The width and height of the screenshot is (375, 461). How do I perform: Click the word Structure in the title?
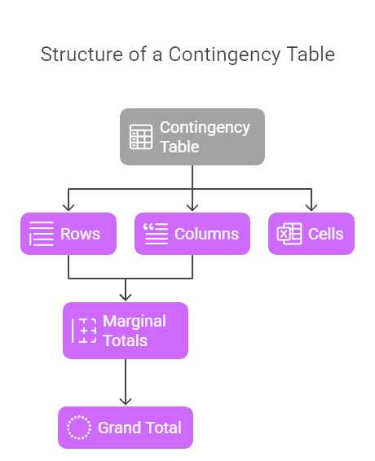click(x=82, y=55)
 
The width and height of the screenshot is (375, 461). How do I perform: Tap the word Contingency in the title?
click(x=224, y=55)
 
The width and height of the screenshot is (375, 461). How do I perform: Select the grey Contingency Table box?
click(x=192, y=137)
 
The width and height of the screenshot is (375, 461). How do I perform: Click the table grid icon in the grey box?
click(x=141, y=137)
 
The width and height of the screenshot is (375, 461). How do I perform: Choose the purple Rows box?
click(x=68, y=234)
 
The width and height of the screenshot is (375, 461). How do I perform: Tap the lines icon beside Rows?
click(x=42, y=234)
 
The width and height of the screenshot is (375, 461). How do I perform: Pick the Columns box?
click(x=192, y=234)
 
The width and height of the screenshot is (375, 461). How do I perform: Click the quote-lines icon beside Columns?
click(x=156, y=234)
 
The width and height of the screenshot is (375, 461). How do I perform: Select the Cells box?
click(x=311, y=234)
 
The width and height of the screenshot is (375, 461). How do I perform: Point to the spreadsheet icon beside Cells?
click(x=289, y=234)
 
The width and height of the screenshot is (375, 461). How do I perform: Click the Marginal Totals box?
click(x=126, y=331)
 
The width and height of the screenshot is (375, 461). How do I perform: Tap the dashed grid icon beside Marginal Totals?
click(x=84, y=331)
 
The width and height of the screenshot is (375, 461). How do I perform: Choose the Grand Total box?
click(x=126, y=428)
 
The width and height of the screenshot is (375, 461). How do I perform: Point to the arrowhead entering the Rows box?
click(x=68, y=209)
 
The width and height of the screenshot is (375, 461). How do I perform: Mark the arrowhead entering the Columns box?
click(x=192, y=209)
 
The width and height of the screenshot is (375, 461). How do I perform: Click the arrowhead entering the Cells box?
click(x=311, y=209)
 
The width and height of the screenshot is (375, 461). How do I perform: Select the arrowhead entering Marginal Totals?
click(x=126, y=297)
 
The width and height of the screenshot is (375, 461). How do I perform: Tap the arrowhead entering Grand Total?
click(x=126, y=402)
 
